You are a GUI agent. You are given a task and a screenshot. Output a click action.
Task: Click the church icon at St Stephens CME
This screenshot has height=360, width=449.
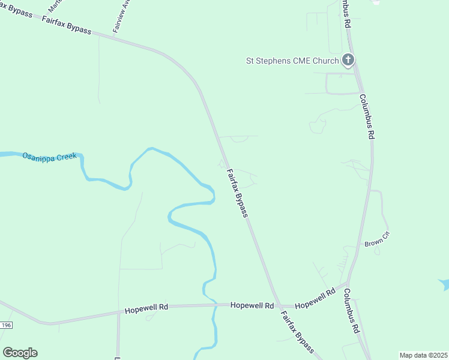coord(348,60)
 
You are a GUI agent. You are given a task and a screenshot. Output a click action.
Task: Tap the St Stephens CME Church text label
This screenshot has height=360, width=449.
coord(292,61)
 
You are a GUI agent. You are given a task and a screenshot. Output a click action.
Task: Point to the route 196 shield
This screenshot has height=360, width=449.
coord(6,325)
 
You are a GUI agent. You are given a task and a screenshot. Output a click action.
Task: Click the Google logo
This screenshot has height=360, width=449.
coord(20,353)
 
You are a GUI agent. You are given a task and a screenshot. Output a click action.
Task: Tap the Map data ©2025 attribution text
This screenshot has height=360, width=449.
coord(423,355)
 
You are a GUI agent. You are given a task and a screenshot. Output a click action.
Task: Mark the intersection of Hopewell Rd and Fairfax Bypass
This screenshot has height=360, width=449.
coord(277,305)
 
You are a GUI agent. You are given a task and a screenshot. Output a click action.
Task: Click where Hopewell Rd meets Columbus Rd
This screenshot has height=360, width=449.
coord(348,282)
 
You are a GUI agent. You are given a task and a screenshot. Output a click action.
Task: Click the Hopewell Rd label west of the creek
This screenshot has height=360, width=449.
coord(146,308)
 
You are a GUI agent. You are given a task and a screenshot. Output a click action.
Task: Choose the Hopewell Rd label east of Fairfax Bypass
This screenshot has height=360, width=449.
coord(315,297)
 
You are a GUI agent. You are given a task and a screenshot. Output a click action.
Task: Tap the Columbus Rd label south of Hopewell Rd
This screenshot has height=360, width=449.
coord(352,311)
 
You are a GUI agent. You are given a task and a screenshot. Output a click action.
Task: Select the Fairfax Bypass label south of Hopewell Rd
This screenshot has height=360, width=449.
coord(298,332)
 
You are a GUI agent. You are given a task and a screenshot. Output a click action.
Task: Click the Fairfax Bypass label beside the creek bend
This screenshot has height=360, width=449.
coord(237,193)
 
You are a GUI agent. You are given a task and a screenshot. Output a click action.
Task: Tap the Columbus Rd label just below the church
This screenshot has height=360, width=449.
coord(367,116)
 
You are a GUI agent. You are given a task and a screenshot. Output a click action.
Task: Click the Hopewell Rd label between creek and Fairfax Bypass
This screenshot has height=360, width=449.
coord(252,305)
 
